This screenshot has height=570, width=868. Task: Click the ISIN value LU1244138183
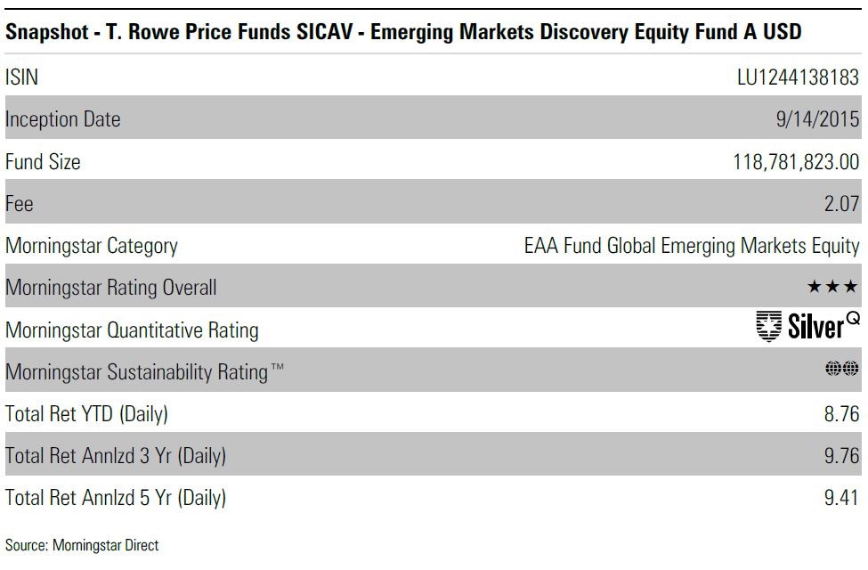click(x=798, y=77)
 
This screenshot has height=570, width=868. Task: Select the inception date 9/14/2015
click(x=817, y=119)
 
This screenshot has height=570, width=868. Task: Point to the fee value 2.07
click(x=842, y=204)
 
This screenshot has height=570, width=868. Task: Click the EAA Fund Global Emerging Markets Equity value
click(x=692, y=246)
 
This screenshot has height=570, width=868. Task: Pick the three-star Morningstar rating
click(x=833, y=288)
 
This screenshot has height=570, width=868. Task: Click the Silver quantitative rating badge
click(x=807, y=327)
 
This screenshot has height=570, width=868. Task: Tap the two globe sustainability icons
click(x=842, y=369)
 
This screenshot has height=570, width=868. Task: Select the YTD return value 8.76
click(x=842, y=414)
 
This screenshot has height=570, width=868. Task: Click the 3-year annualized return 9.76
click(x=842, y=456)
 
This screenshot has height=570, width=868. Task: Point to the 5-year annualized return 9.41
click(x=842, y=498)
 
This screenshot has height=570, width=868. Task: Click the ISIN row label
click(x=21, y=77)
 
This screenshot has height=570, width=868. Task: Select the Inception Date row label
click(x=62, y=119)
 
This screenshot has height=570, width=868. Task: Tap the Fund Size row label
click(x=43, y=162)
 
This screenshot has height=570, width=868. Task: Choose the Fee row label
click(x=20, y=204)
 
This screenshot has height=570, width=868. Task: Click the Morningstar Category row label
click(x=92, y=246)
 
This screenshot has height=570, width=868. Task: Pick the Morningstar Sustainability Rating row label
click(x=144, y=372)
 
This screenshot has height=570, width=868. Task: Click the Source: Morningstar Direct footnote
click(x=82, y=544)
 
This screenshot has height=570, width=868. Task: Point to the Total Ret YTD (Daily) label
click(x=86, y=414)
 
